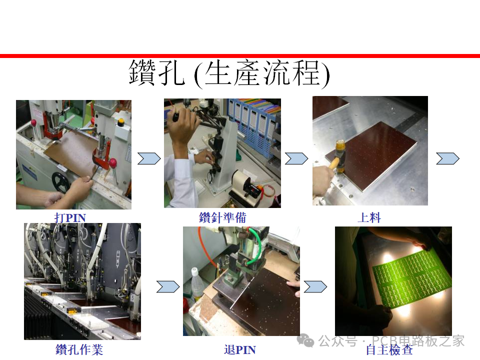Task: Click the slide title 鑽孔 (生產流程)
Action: pos(229,74)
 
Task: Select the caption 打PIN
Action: pos(70,217)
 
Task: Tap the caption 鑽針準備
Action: pos(222,217)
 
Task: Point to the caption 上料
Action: pos(369,217)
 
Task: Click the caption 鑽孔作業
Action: pos(79,349)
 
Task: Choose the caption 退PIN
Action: pos(239,349)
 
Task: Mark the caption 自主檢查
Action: pos(389,349)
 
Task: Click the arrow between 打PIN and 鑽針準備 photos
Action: pos(149,158)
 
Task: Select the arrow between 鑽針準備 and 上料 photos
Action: pos(296,158)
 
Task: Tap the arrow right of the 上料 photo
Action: pos(447,158)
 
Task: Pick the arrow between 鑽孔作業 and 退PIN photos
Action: pos(168,287)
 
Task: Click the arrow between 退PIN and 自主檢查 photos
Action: pos(315,287)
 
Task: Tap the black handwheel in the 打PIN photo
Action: pos(61,182)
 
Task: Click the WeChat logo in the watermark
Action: pos(305,340)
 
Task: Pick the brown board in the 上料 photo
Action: pos(371,155)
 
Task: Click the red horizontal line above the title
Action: pos(240,55)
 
